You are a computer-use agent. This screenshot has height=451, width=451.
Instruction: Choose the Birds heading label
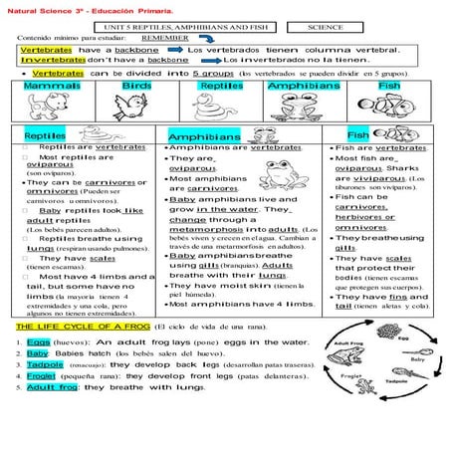tap(136, 87)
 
